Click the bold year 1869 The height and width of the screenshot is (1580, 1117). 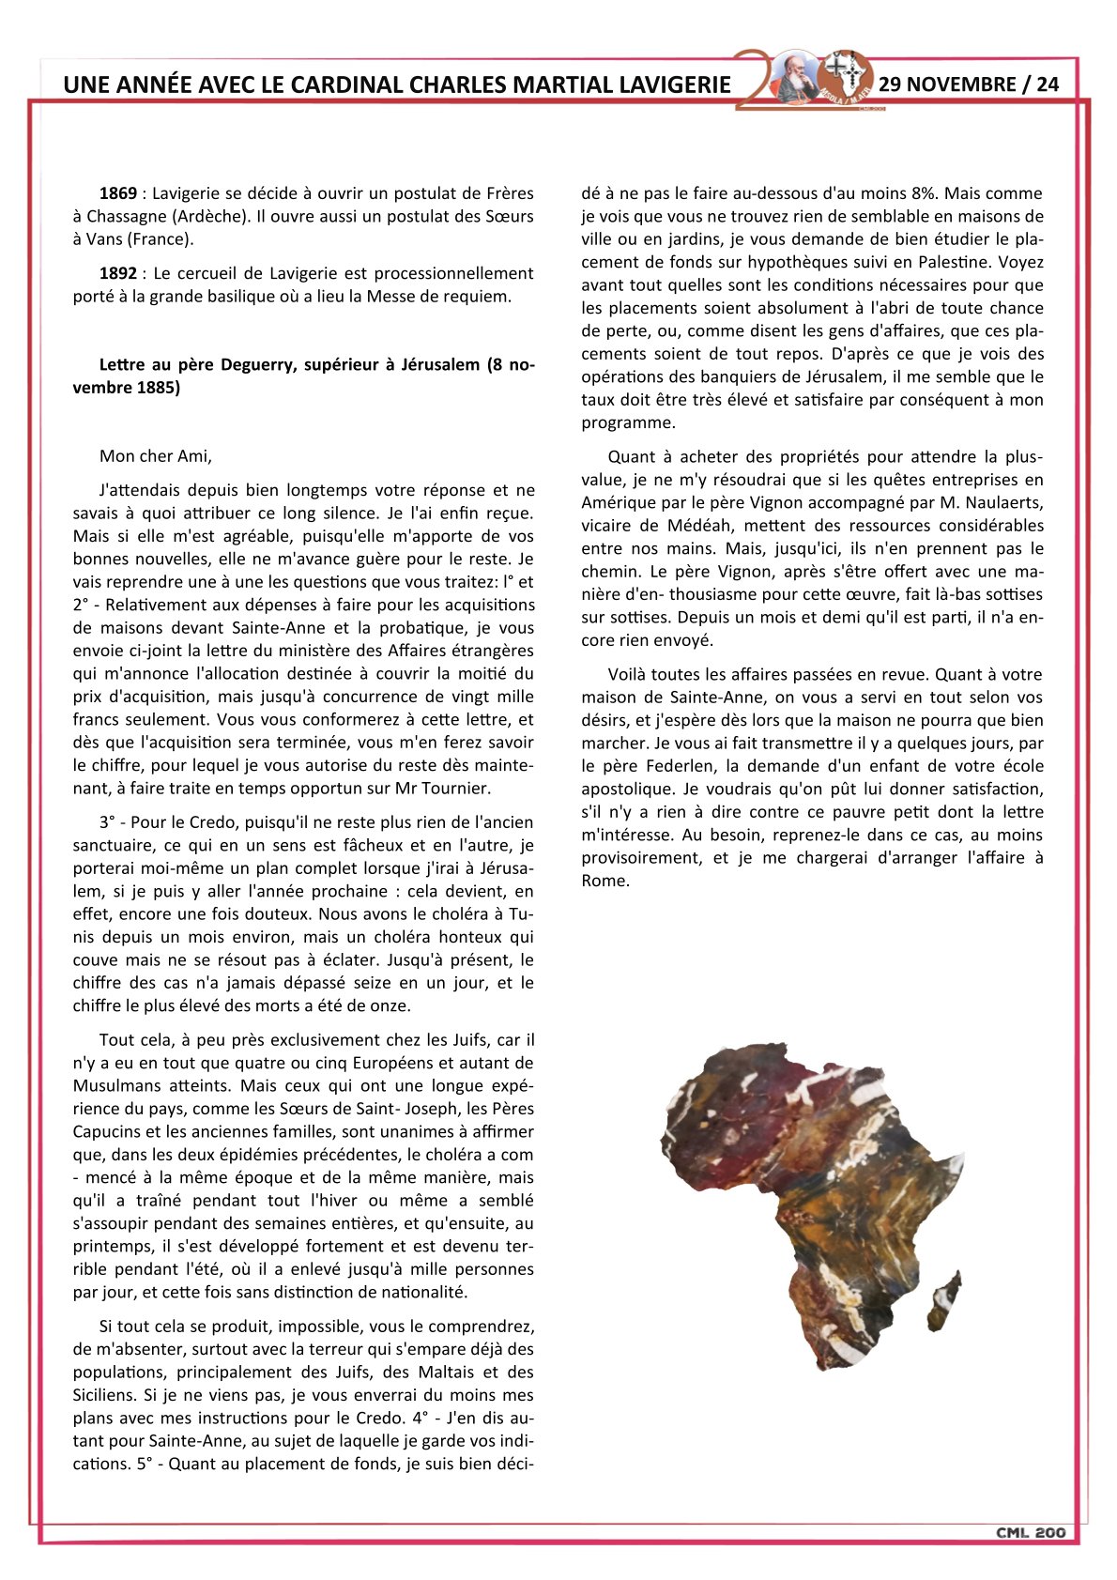point(118,193)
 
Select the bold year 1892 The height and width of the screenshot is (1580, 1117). point(118,273)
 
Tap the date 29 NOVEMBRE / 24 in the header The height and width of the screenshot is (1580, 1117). point(969,84)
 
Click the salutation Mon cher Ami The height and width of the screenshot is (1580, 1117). point(156,456)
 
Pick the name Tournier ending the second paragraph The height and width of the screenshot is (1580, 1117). point(454,788)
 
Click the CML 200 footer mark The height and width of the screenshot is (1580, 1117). point(1031,1532)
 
